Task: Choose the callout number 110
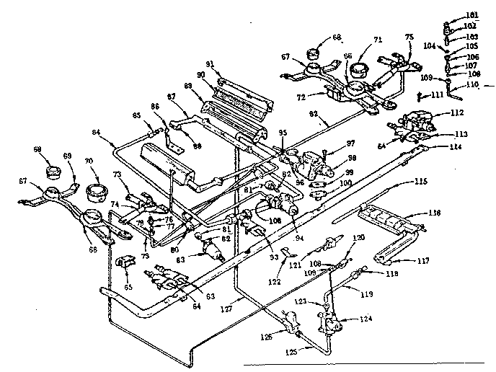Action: [x=472, y=84]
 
